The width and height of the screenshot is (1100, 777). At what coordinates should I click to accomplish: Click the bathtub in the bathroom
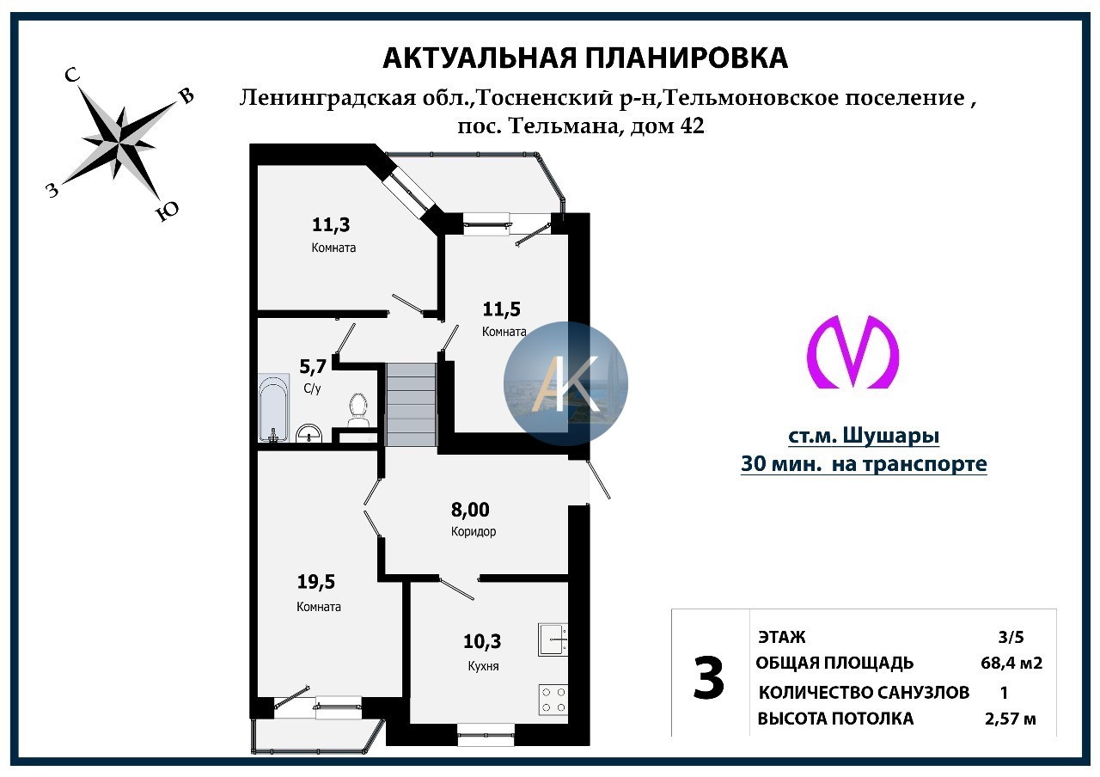tap(274, 407)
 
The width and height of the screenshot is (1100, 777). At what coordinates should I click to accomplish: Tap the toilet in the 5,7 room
tap(358, 410)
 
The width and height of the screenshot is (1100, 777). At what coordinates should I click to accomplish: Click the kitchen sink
tap(553, 639)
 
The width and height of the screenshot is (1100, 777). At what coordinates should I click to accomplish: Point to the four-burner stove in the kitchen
tap(553, 699)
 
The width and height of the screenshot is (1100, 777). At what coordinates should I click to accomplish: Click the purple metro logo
tap(852, 352)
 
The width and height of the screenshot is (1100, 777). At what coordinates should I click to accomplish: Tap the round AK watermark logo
tap(565, 383)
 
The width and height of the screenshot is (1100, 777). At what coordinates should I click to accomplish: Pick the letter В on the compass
tap(186, 96)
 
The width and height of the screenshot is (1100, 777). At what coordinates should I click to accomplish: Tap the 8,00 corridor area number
tap(470, 510)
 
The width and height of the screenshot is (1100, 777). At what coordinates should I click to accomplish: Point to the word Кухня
tap(484, 666)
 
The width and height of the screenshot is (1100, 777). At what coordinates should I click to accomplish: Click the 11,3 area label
tap(331, 225)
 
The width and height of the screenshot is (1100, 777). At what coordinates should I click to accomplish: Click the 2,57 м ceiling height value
tap(1009, 719)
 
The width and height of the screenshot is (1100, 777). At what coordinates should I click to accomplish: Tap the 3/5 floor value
tap(1011, 637)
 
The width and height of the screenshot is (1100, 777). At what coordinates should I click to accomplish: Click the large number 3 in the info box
tap(709, 679)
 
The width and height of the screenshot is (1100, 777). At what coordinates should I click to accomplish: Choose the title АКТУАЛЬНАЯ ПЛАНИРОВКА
tap(584, 58)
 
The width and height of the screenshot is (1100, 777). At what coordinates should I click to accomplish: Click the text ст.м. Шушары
tap(864, 437)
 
